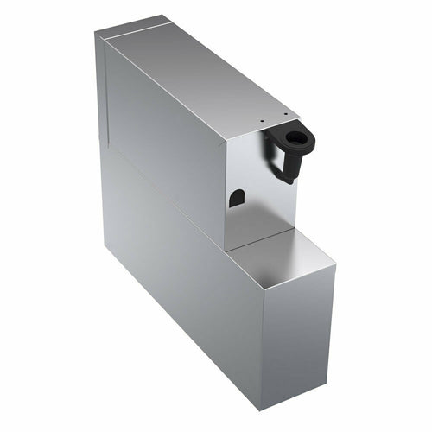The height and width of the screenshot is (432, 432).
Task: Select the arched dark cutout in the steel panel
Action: pos(237,198)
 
